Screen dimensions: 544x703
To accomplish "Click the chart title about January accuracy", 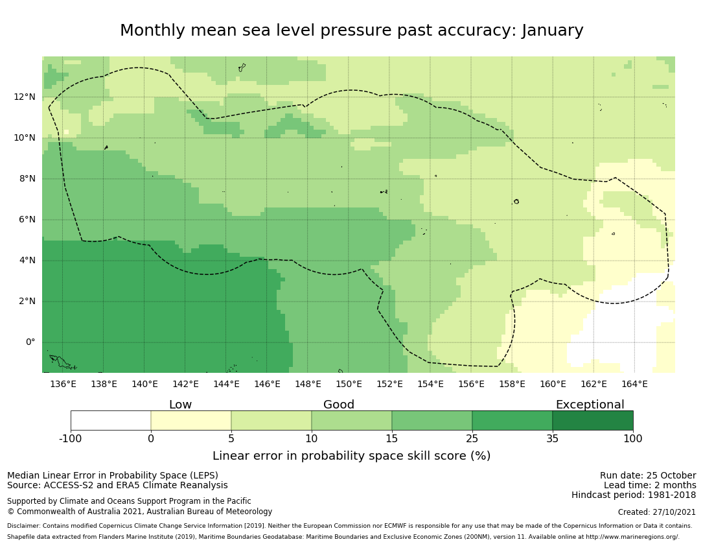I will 351,30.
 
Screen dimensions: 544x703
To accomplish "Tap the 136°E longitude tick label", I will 63,384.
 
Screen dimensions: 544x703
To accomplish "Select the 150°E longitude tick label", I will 349,384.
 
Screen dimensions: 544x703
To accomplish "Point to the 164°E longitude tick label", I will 634,384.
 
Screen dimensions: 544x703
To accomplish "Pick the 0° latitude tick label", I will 30,342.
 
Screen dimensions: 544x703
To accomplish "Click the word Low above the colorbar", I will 180,405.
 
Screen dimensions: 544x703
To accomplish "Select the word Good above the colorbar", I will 339,405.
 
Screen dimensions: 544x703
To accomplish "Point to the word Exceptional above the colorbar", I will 590,405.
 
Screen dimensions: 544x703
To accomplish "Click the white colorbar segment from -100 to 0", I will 111,420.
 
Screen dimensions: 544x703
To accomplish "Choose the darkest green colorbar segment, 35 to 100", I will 592,420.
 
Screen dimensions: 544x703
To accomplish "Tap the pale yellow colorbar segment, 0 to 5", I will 191,420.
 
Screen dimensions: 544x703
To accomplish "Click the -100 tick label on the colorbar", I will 71,438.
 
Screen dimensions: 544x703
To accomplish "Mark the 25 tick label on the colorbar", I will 472,438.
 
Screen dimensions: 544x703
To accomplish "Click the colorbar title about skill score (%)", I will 351,456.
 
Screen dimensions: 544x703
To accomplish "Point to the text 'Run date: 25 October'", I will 648,475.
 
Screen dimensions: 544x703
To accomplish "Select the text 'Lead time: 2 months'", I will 650,485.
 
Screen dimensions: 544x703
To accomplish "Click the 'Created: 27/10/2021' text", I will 657,512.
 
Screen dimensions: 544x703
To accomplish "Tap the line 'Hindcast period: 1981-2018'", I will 634,495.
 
